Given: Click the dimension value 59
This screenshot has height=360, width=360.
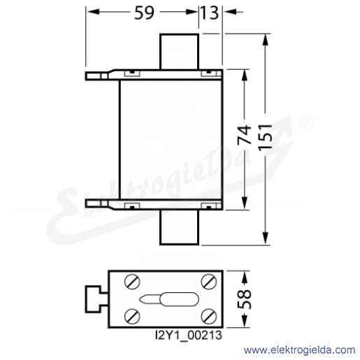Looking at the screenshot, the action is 144,13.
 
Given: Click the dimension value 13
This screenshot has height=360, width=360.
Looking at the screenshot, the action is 210,13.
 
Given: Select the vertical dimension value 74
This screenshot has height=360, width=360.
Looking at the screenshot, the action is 245,135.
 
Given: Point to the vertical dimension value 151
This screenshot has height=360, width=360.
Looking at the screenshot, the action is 266,137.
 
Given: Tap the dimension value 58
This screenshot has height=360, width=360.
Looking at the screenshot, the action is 245,299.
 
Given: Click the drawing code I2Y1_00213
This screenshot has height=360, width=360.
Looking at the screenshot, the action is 189,336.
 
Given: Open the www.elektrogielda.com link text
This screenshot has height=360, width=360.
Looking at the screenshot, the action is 299,350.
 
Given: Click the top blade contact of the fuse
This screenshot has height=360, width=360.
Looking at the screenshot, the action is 179,52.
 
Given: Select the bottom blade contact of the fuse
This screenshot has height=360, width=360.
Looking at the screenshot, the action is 179,227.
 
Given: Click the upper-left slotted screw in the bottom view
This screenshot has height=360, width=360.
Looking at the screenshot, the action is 132,282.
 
